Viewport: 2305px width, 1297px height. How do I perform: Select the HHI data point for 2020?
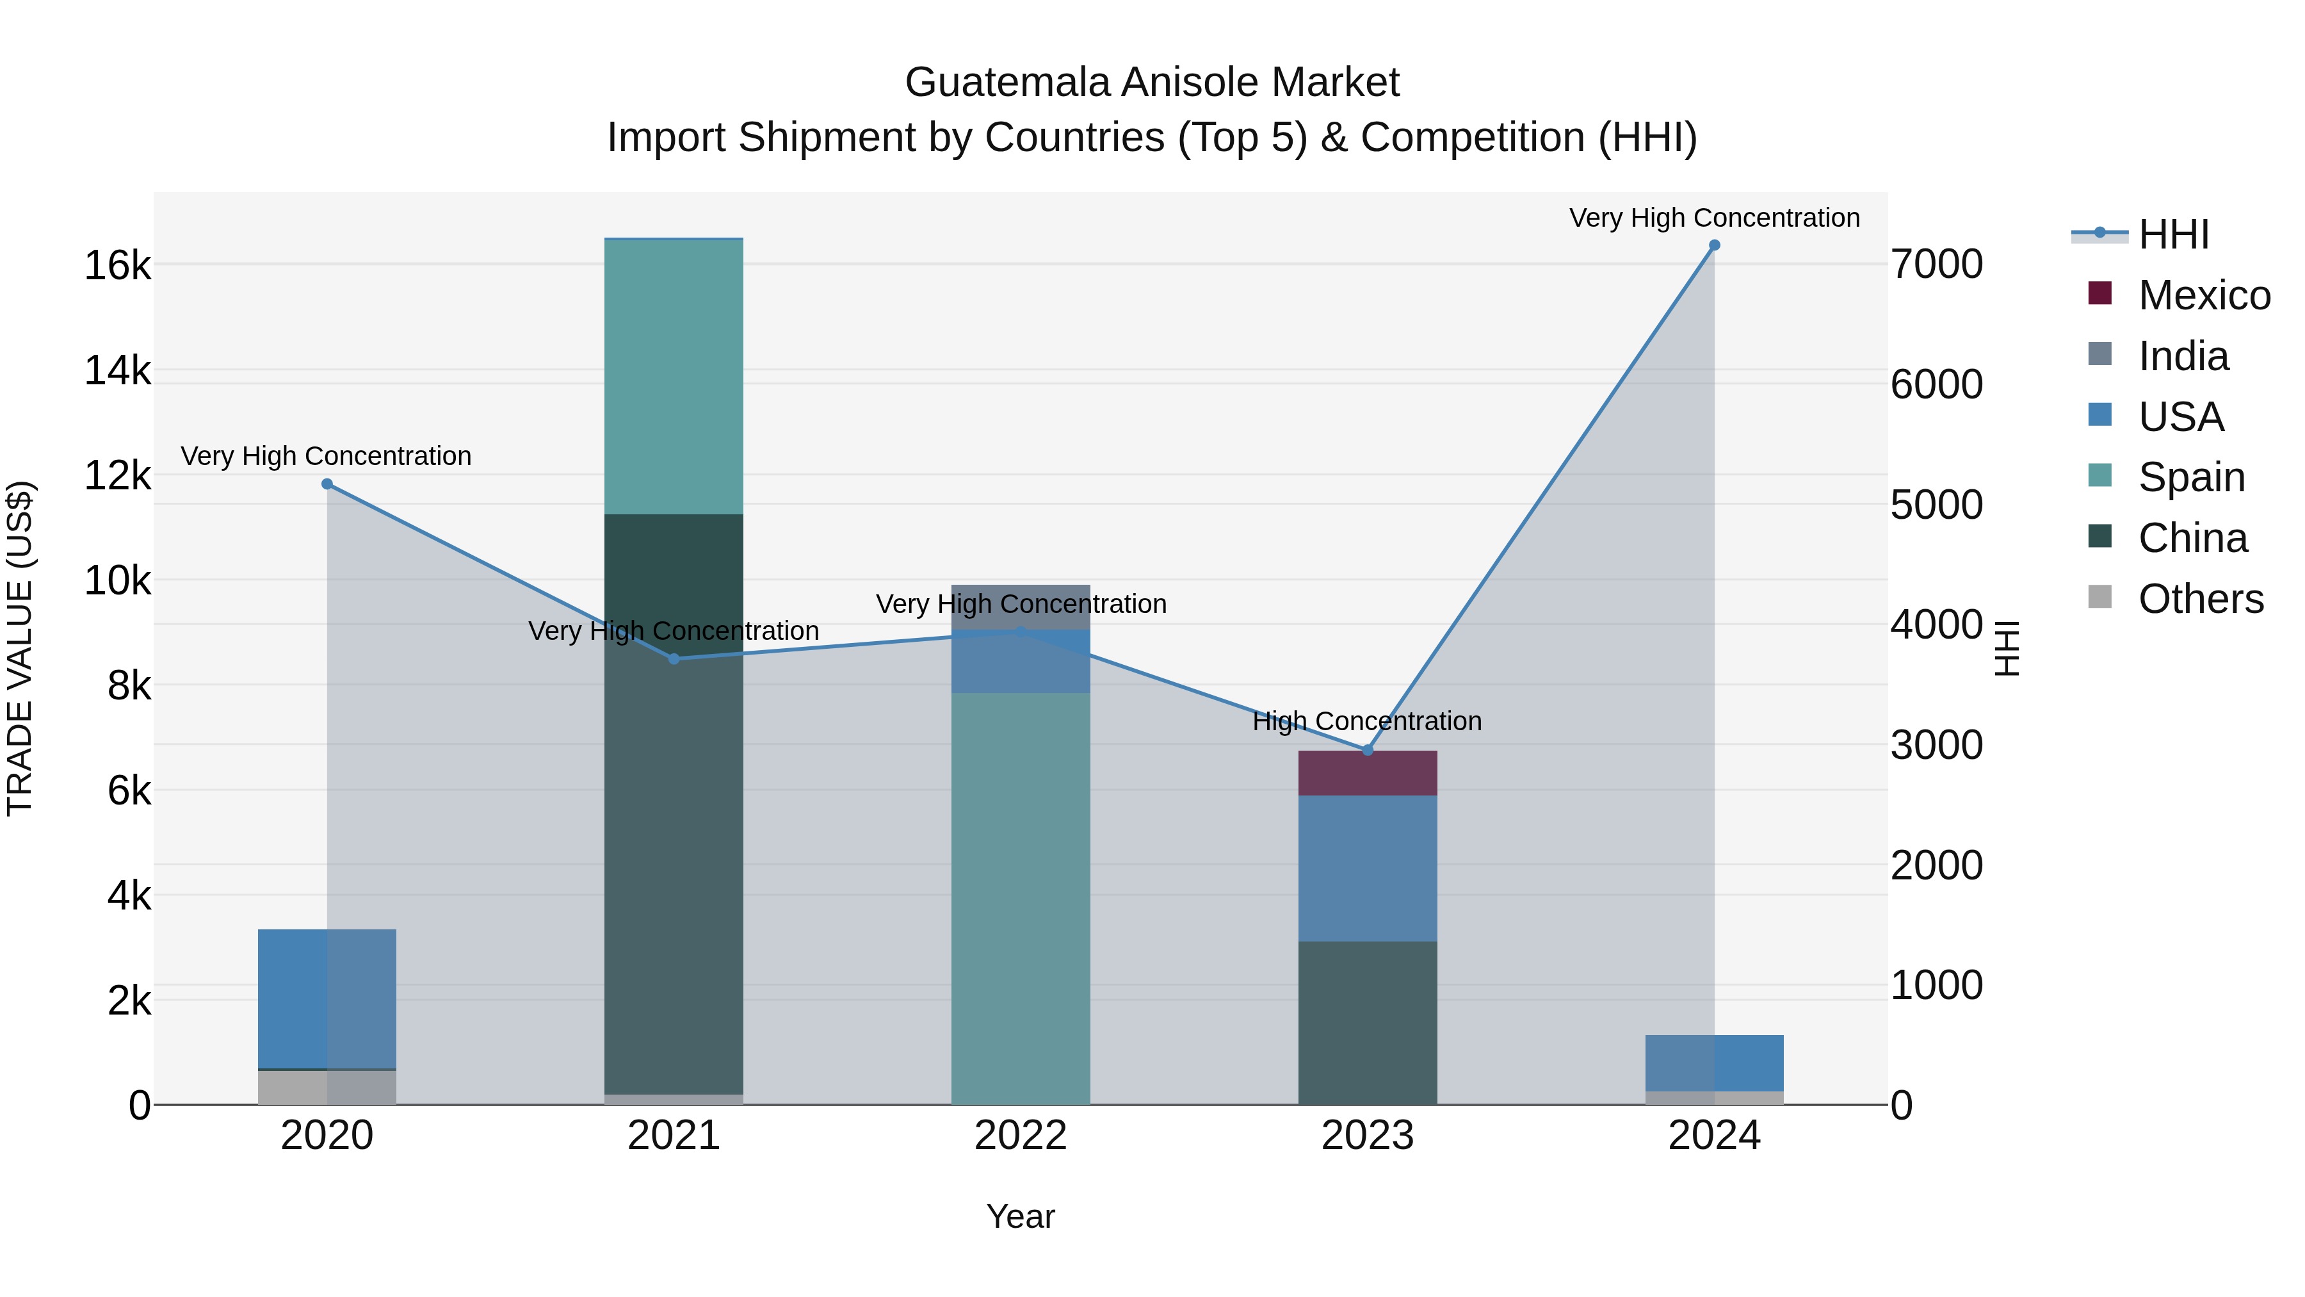point(327,484)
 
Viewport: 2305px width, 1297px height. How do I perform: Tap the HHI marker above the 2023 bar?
point(1367,750)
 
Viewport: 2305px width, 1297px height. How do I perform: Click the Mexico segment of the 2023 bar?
point(1367,773)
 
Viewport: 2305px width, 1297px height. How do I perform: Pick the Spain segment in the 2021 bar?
point(674,376)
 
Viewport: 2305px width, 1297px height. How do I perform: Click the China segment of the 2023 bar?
point(1367,1022)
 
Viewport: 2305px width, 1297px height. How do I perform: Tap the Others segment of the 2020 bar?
point(327,1088)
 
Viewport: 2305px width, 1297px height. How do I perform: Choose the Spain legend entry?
point(2192,477)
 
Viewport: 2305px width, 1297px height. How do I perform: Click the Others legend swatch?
point(2099,597)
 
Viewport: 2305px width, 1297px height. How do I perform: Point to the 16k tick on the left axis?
point(117,266)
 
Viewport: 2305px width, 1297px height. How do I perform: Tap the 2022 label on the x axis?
point(1020,1136)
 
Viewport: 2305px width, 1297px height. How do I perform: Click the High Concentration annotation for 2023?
point(1367,721)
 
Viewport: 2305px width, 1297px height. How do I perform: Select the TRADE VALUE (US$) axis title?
point(20,648)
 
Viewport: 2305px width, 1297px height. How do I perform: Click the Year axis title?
point(1020,1216)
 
